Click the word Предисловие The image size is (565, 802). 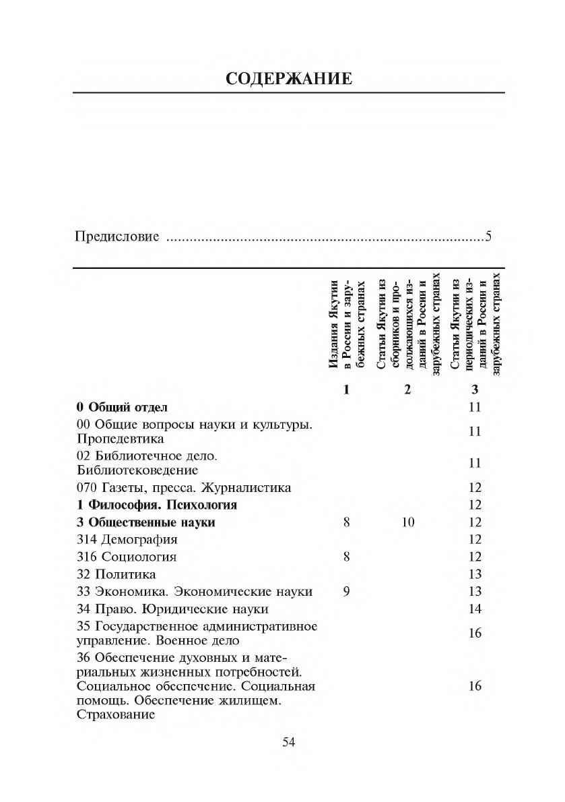(x=117, y=237)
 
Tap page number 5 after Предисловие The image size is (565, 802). (x=490, y=237)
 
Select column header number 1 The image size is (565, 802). (x=346, y=390)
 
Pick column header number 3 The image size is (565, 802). (x=475, y=390)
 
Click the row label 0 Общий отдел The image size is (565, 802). (x=122, y=407)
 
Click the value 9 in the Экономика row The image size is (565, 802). (x=346, y=592)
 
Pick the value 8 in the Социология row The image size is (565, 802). (x=346, y=557)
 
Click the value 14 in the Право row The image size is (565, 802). (x=475, y=609)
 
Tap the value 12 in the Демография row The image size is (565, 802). (x=475, y=539)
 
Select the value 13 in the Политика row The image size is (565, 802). (x=475, y=574)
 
